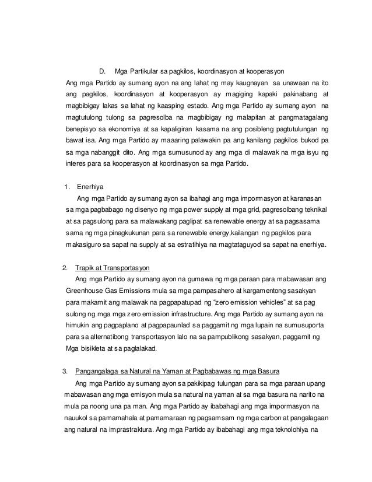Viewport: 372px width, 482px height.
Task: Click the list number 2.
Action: click(65, 268)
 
